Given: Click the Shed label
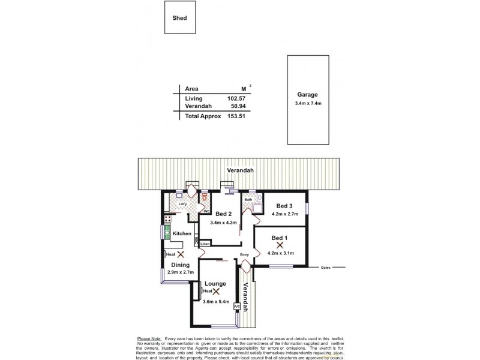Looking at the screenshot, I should coord(180,18).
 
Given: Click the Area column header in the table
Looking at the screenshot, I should coord(192,88).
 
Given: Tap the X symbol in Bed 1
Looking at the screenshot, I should coord(280,245).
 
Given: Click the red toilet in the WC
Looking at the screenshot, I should coord(205,196).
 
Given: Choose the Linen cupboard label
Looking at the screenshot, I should coord(205,244).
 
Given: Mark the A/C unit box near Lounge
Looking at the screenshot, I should coord(236,307).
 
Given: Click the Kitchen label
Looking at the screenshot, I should coord(182,233).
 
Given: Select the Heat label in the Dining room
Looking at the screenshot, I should coord(170,254).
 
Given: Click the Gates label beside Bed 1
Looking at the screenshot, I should coord(326,268).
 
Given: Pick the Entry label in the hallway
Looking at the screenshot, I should coord(244,255).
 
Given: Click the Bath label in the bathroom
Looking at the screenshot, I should coord(248,199).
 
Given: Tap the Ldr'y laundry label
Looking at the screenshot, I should coord(183,204).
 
